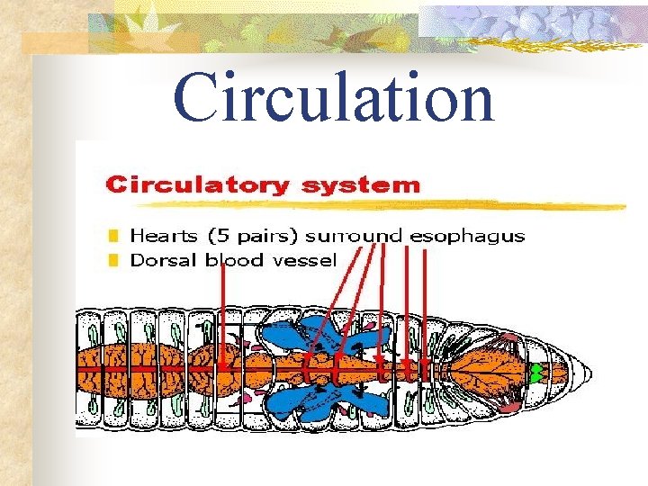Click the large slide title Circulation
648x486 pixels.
[334, 97]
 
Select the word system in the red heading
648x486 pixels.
[361, 186]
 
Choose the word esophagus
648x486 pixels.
[467, 237]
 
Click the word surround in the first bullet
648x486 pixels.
[355, 238]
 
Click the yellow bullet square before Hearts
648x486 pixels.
[112, 237]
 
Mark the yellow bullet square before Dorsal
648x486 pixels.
[112, 261]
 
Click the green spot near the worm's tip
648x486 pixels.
[538, 371]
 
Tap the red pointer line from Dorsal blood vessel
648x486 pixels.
[222, 315]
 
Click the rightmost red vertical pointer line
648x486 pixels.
[425, 306]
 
